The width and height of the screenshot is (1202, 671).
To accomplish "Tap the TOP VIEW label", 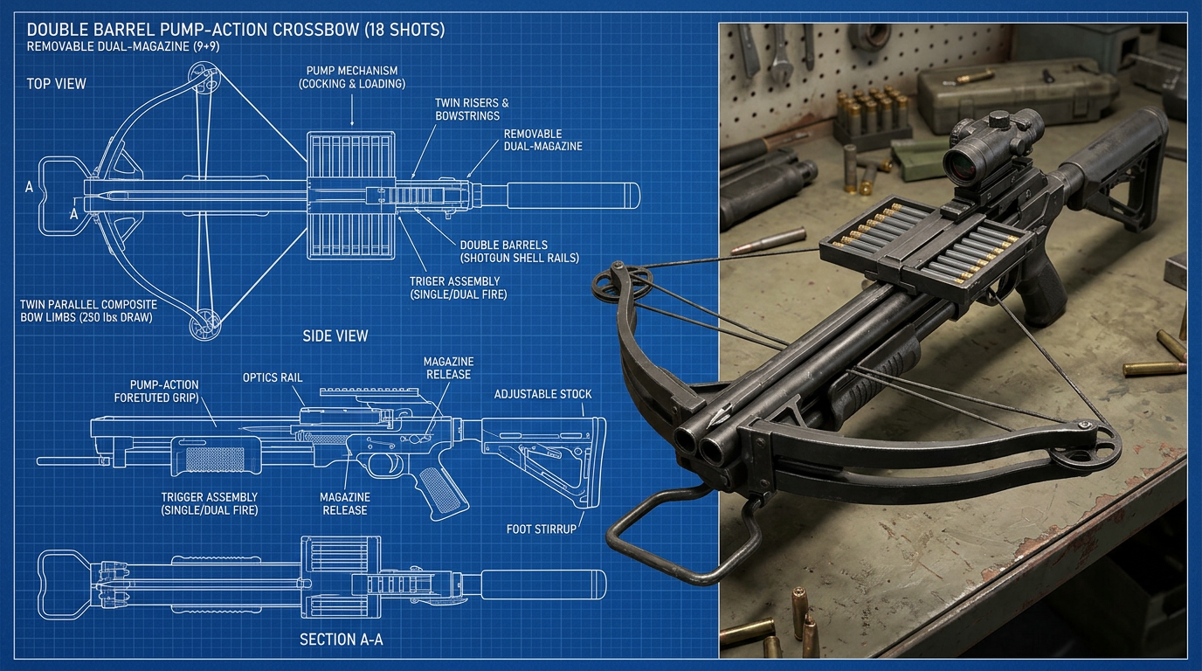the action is coord(56,84).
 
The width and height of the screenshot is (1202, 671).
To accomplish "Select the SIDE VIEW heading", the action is coord(335,336).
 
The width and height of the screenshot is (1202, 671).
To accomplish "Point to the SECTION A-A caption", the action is coord(342,640).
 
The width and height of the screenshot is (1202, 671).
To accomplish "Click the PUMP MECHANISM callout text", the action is coord(352,70).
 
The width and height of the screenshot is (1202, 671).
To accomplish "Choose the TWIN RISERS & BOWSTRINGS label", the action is coord(472,109).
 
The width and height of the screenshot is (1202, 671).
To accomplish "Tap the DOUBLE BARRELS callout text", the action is coord(503,245).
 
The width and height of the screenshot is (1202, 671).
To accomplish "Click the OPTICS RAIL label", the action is coord(273,377).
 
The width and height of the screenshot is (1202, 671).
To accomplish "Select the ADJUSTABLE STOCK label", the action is coord(543,394).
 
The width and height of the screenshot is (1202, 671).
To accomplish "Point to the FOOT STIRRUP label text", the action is coord(542,529).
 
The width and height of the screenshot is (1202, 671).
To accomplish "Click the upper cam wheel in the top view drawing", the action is coord(204,77).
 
